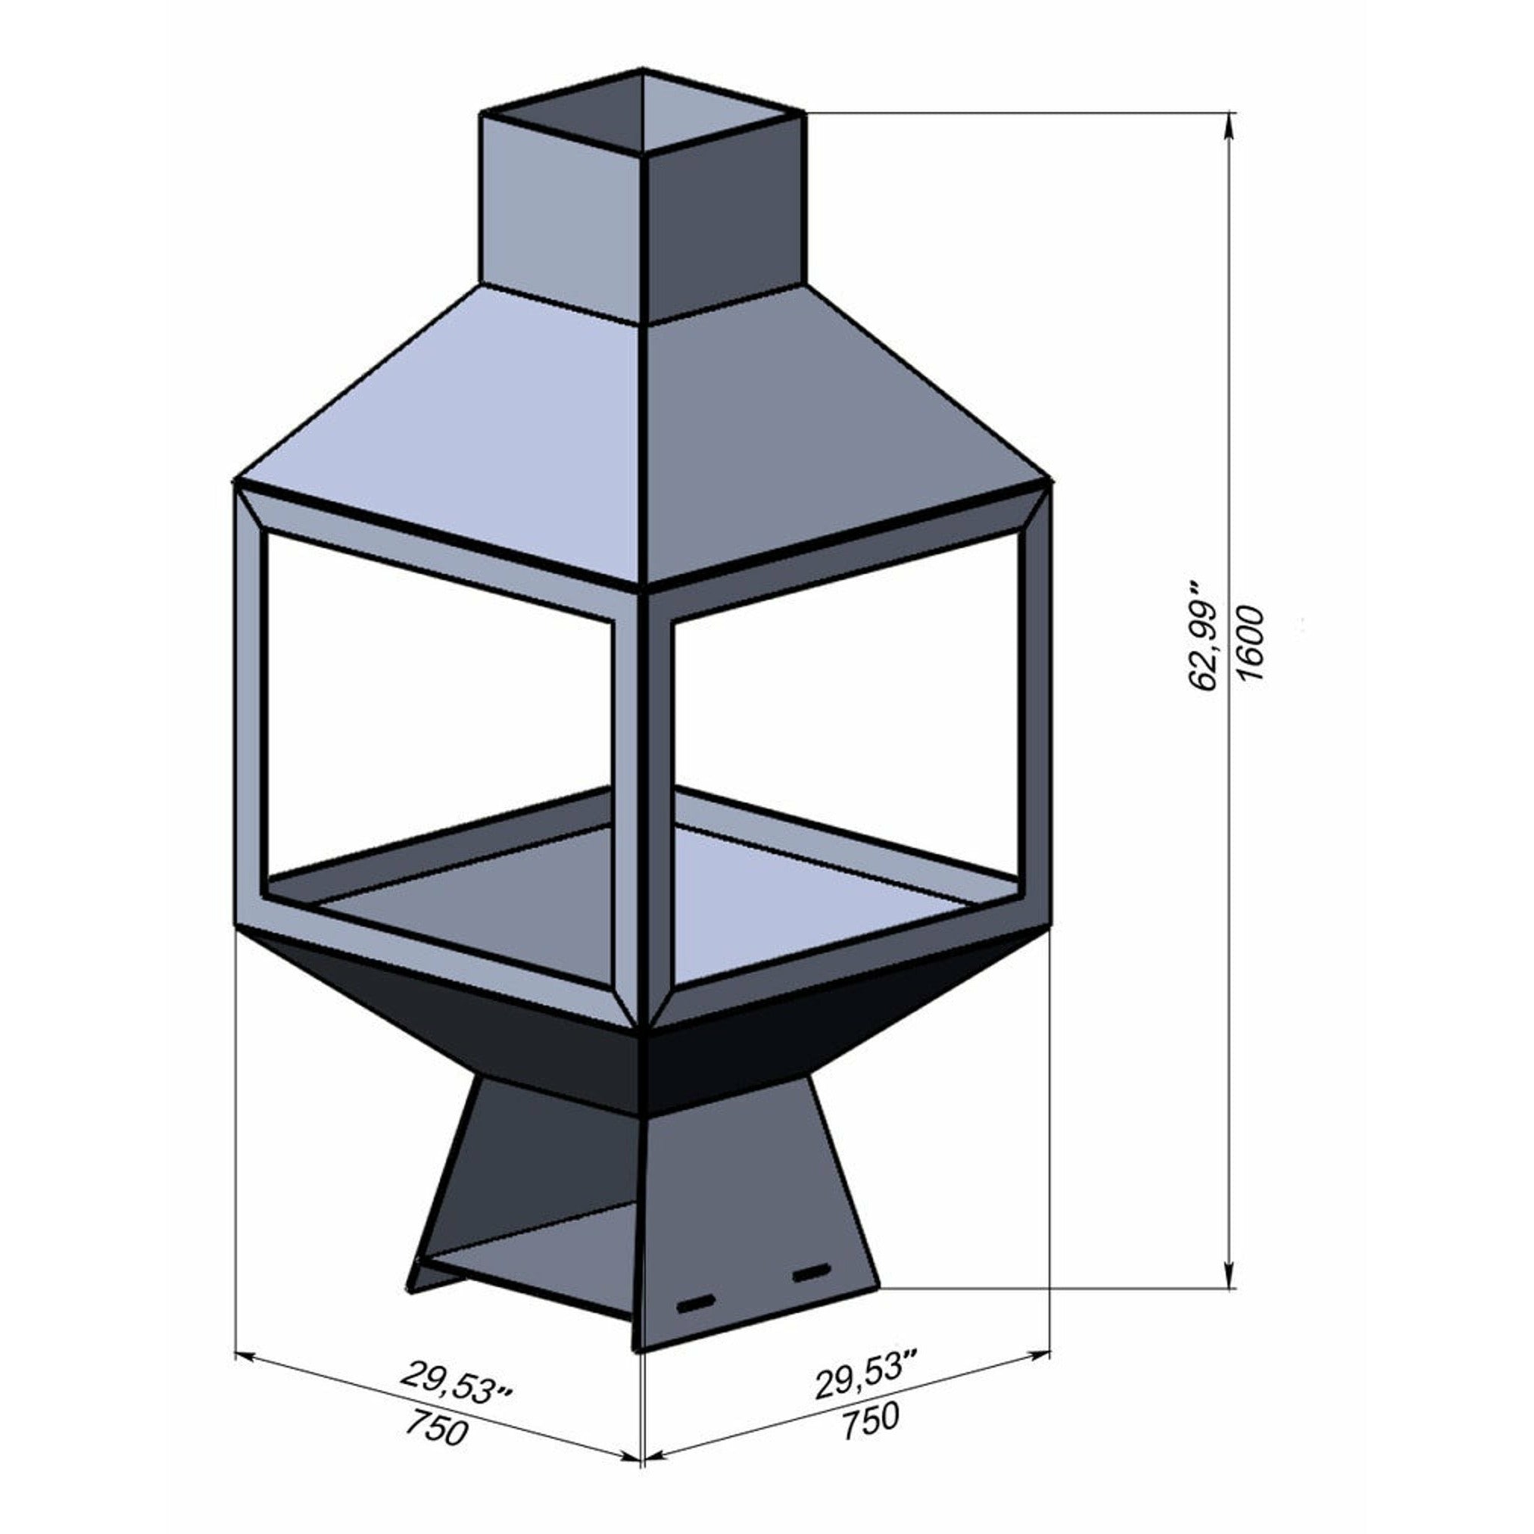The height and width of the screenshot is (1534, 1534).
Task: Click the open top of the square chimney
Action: click(x=643, y=111)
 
